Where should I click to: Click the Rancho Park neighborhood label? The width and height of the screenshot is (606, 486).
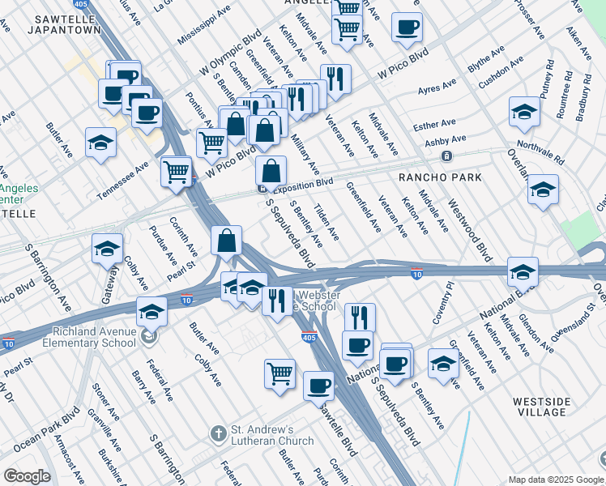(x=439, y=177)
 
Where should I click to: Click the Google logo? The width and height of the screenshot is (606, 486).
(x=26, y=476)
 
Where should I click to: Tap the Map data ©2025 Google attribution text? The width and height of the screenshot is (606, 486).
(x=555, y=480)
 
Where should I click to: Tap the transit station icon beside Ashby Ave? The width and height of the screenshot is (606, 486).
(x=446, y=156)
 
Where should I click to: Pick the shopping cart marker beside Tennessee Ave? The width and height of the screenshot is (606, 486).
(x=176, y=171)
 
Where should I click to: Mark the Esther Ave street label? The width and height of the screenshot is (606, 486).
(x=434, y=125)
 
